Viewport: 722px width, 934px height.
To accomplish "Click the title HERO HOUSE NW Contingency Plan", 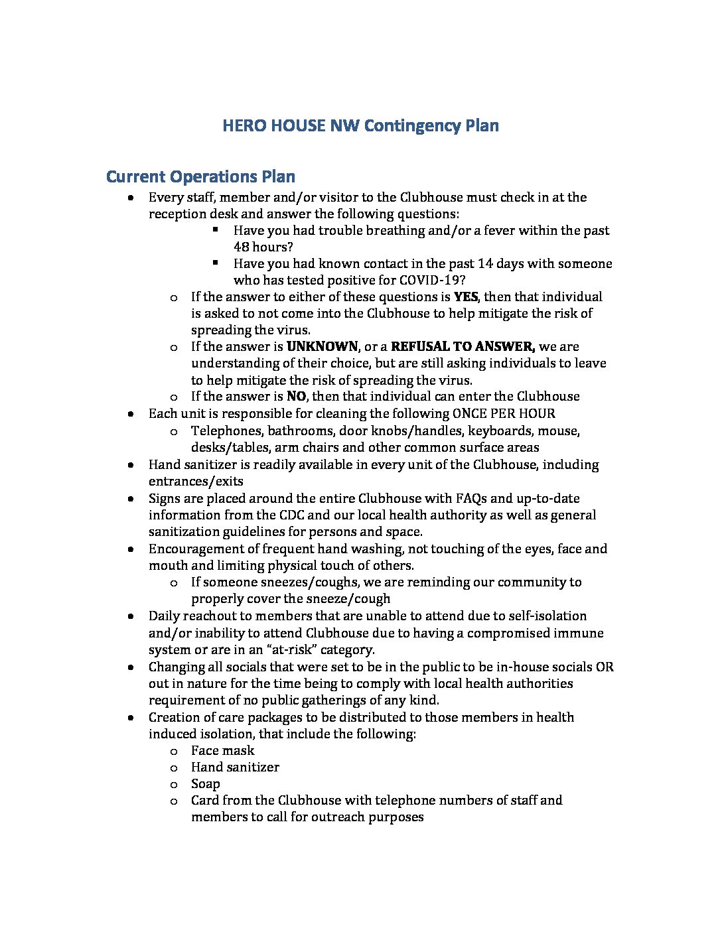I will point(360,126).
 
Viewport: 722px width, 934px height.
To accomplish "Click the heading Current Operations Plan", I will point(200,176).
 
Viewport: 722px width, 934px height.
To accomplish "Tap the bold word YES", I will point(466,297).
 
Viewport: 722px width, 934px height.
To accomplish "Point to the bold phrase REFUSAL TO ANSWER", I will point(463,346).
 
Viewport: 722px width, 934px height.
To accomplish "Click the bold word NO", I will point(295,397).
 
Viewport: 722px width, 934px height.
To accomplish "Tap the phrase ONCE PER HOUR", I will point(504,414).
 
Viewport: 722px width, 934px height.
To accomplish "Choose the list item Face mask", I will point(222,750).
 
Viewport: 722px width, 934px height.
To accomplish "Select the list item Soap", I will point(205,783).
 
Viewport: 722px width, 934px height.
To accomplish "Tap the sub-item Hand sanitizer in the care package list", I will point(235,767).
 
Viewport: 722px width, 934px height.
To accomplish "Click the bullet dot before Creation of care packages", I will point(133,718).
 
